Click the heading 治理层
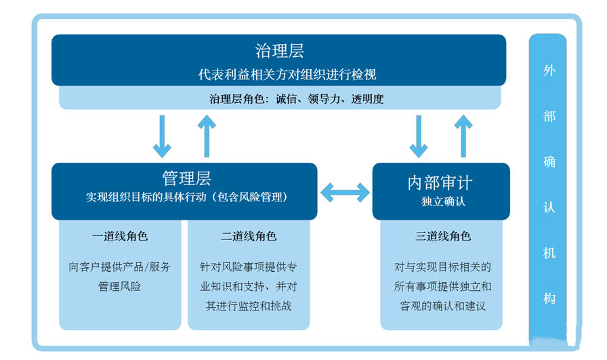pos(279,51)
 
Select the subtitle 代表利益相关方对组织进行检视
pos(278,74)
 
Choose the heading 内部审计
pos(440,182)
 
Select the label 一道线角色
pos(120,237)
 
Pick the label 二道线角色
pos(249,237)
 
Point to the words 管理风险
pos(120,287)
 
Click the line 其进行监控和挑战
pos(249,306)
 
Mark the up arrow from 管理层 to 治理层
pos(207,136)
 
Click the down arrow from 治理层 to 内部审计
pos(419,136)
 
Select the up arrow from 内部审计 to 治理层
pos(463,136)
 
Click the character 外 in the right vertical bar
pos(549,71)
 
